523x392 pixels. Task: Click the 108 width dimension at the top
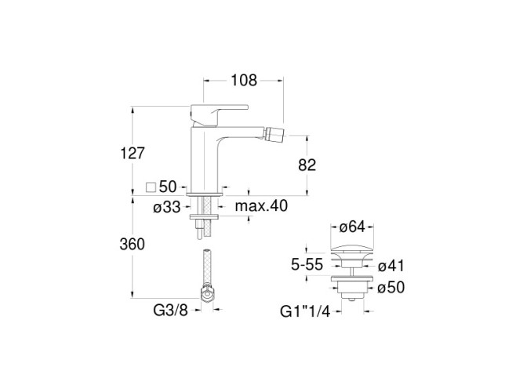(x=244, y=81)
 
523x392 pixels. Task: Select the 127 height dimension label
(x=133, y=154)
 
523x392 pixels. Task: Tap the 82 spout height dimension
(x=307, y=165)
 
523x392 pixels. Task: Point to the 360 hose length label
(x=132, y=245)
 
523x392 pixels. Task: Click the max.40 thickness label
(x=261, y=206)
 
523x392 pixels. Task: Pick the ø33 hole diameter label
(x=167, y=208)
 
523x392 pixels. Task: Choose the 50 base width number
(x=168, y=187)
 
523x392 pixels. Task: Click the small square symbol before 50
(x=151, y=187)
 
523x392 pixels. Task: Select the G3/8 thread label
(x=170, y=310)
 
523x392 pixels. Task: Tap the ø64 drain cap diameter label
(x=352, y=227)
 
